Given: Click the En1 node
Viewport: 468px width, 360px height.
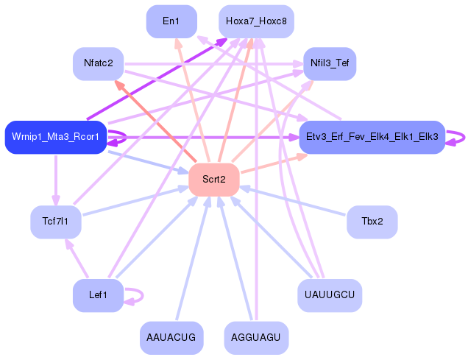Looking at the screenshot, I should click(x=171, y=21).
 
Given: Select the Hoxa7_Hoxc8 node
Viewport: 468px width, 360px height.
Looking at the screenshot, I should click(x=256, y=21).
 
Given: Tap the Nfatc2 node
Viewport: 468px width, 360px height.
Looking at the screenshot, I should click(x=98, y=64).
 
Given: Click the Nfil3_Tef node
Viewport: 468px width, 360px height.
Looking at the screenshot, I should click(x=330, y=64).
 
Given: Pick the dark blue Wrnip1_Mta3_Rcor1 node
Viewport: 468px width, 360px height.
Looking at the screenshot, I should click(x=56, y=137).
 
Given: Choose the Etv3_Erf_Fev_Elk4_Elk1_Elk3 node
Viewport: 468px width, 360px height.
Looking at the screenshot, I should click(x=372, y=137).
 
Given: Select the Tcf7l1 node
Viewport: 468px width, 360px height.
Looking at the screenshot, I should click(x=55, y=222).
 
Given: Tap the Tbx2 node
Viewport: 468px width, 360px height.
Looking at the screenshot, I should click(x=372, y=222).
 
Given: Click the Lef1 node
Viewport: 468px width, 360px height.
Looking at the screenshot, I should click(x=98, y=295).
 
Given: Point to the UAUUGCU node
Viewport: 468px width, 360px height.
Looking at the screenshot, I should click(x=330, y=295).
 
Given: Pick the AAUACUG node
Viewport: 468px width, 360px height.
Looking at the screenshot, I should click(x=171, y=338).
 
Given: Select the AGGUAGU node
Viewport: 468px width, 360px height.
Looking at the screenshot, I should click(x=256, y=338).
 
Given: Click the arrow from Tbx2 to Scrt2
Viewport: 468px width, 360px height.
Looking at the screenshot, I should click(x=294, y=201).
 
